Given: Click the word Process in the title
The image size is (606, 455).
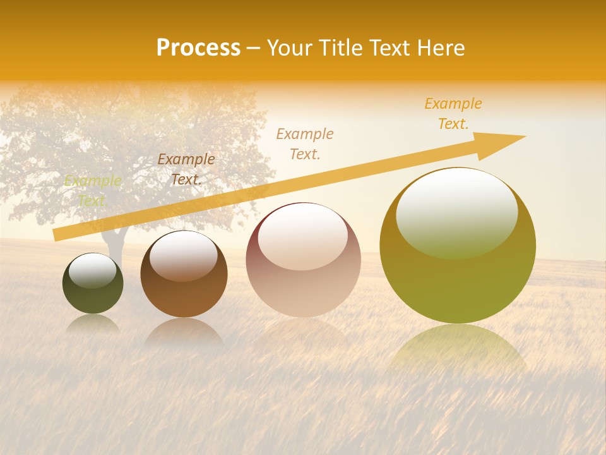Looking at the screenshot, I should [198, 48].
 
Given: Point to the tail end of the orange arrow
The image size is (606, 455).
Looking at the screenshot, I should [58, 235].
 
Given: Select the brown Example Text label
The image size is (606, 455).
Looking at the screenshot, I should [186, 169].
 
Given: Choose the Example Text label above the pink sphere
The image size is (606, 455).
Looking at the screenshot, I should [305, 143].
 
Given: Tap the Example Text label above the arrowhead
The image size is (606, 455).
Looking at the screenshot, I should [453, 114].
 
